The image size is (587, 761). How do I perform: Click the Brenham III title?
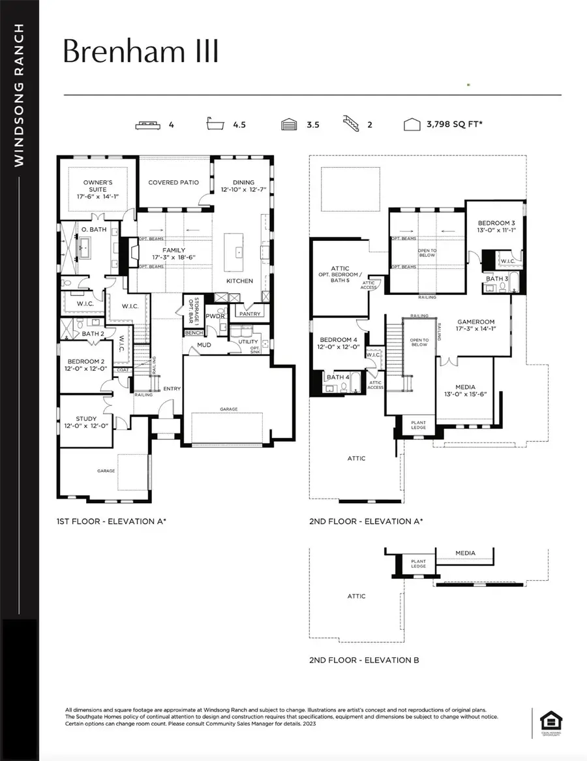[140, 52]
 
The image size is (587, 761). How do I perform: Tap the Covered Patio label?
[173, 183]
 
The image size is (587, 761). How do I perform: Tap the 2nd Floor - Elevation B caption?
[364, 660]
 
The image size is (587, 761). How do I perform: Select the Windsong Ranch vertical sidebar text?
[20, 95]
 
